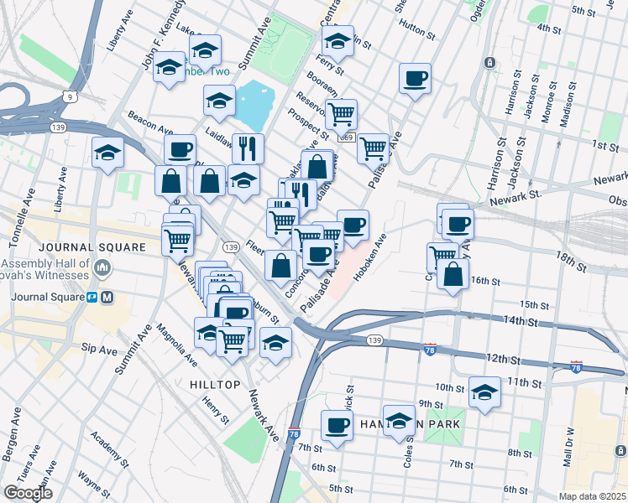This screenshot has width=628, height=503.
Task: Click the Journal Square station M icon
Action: click(x=107, y=298)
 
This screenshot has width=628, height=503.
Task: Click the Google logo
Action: click(x=28, y=493)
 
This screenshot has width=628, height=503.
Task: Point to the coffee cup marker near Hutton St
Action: click(x=414, y=80)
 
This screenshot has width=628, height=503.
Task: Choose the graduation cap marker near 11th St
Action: click(x=484, y=392)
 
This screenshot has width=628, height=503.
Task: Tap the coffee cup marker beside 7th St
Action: click(x=338, y=425)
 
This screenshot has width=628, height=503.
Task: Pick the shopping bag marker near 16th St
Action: click(x=453, y=274)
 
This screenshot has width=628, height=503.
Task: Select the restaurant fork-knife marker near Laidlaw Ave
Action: click(x=248, y=148)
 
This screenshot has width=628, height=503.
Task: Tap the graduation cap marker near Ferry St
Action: click(x=338, y=39)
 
